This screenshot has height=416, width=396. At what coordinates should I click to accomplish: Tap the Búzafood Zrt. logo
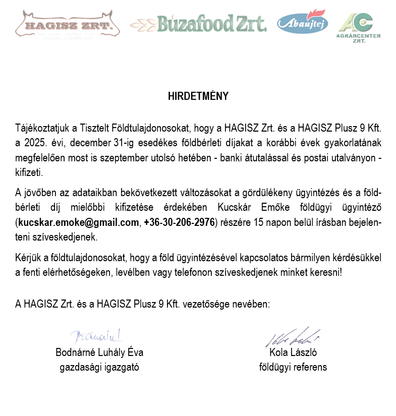[x=198, y=23]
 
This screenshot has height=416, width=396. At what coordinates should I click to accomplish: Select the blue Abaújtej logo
[x=302, y=23]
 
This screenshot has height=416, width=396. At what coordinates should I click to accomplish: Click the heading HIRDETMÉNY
[x=198, y=96]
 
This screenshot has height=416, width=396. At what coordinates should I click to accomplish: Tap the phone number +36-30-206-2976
[x=179, y=222]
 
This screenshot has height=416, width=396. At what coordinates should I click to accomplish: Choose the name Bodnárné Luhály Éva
[x=96, y=352]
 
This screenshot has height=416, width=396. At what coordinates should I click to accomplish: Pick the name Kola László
[x=293, y=352]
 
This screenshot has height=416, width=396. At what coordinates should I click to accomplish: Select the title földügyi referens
[x=293, y=367]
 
